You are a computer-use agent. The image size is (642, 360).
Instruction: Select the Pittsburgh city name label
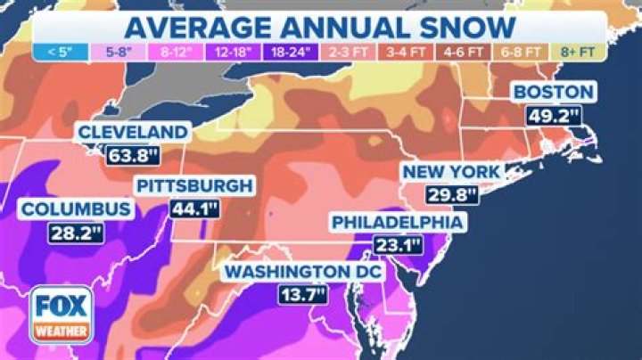point(194,186)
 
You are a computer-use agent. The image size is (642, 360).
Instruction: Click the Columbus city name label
point(77,210)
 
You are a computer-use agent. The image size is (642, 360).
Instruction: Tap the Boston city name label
point(552,93)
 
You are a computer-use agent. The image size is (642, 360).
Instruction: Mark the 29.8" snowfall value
point(452,193)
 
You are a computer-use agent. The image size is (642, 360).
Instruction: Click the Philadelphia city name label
point(397,222)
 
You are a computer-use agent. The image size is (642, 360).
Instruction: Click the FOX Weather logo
point(62,313)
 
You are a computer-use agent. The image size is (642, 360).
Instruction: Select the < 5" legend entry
point(60,53)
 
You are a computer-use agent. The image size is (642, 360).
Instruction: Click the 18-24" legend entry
point(292,53)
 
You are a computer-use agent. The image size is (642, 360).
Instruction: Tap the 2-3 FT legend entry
point(350,53)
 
